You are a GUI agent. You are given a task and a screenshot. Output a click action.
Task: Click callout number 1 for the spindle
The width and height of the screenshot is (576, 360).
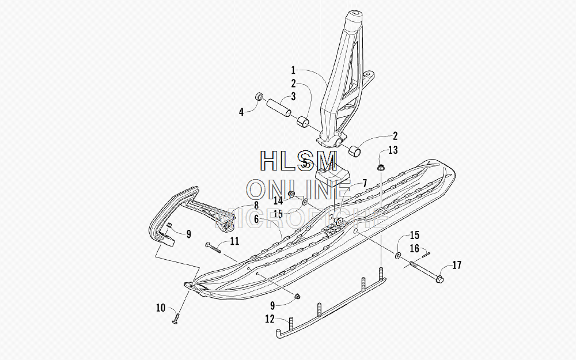pos(293,70)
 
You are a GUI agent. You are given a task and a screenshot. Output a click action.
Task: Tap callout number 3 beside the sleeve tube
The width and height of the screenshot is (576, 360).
pos(293,96)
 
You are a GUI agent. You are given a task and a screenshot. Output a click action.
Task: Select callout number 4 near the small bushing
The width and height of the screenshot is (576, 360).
pos(241,112)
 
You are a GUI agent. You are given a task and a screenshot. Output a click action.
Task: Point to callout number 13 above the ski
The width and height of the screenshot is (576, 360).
pos(393,150)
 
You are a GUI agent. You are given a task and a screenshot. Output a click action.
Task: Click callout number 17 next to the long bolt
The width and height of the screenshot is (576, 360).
pos(457,265)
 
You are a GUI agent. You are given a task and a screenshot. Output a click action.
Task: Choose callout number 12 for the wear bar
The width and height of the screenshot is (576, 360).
pos(270,319)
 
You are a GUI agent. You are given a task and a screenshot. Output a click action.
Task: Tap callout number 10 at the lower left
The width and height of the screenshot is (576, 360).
pos(161,308)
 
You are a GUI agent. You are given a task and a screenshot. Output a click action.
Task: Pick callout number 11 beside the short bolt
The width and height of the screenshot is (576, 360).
pos(235,241)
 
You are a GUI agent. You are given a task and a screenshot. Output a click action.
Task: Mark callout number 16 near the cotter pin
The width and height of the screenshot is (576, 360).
pos(414,249)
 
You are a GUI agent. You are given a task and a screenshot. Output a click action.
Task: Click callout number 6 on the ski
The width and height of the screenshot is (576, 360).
pos(257,219)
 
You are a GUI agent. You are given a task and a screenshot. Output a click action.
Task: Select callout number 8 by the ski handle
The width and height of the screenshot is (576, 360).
pos(256,206)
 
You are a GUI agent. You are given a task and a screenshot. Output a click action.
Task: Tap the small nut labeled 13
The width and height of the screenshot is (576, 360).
pos(381,168)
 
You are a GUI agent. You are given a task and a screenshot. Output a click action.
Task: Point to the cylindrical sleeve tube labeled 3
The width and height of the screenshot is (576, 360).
pos(279,107)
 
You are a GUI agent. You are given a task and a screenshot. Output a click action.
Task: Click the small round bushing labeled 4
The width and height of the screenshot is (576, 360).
pos(260,96)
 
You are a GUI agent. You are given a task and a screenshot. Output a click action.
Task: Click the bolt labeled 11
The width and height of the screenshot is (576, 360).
pos(214,247)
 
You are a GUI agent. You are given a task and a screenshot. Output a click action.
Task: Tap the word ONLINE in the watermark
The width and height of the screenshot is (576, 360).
pos(298,190)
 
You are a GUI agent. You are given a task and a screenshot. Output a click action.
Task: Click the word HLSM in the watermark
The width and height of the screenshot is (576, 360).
pos(298,161)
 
